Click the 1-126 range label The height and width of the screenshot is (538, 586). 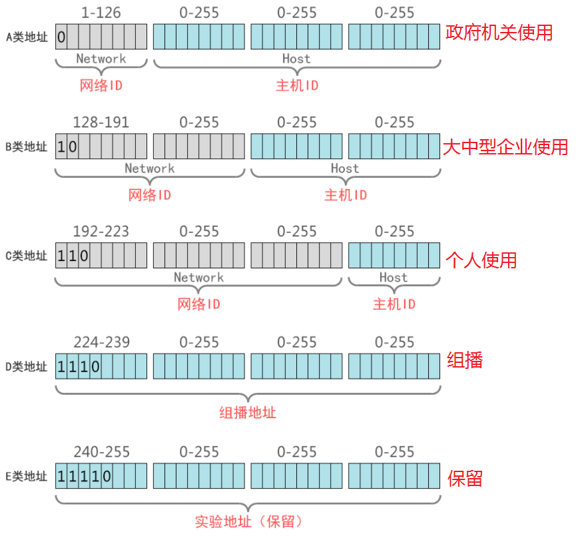[101, 13]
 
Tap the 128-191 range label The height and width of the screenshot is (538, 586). [101, 122]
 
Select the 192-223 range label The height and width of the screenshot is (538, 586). [101, 231]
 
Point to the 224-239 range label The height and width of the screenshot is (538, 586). [101, 342]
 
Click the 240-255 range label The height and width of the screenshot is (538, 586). [101, 452]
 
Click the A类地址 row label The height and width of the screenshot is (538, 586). [27, 37]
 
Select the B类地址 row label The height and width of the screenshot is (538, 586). [27, 146]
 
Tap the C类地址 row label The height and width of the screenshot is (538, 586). [27, 256]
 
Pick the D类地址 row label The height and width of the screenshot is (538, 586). [27, 366]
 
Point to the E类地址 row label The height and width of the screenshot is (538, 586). [27, 476]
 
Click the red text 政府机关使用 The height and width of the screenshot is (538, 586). [499, 33]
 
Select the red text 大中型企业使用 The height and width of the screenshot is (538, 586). [505, 146]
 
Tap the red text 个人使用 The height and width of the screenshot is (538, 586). [481, 259]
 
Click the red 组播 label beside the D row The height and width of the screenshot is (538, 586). [465, 360]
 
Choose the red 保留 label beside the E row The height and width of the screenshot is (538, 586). [465, 478]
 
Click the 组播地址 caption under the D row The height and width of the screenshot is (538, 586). [248, 413]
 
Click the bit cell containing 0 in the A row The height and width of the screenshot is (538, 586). [61, 37]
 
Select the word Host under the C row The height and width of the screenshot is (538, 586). [393, 277]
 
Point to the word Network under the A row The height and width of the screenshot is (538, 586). [101, 59]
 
